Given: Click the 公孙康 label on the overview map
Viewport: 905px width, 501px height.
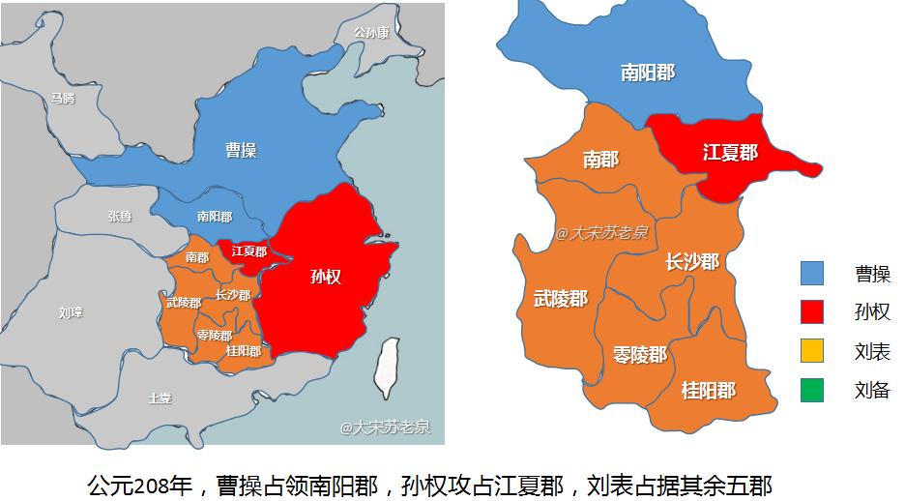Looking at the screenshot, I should (x=371, y=32).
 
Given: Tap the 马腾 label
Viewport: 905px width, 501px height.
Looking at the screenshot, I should (x=63, y=98).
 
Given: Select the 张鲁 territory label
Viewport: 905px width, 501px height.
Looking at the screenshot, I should (x=120, y=217).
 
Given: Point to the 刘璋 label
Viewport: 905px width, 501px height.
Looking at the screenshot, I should (x=71, y=312).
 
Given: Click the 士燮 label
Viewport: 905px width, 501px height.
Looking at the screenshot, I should (x=160, y=398).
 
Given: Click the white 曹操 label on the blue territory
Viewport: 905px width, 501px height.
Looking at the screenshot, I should (x=241, y=150).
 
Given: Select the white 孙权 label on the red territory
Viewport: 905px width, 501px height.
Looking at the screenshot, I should (x=326, y=277).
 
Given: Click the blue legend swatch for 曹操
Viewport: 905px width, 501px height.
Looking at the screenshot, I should (x=812, y=273).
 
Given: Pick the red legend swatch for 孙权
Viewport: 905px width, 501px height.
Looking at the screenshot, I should (x=812, y=311).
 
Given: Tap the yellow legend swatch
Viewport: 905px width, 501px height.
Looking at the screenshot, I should (x=812, y=351).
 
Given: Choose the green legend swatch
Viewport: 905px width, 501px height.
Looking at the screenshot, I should (x=812, y=390).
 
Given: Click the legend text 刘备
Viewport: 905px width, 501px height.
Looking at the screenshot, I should (x=872, y=391).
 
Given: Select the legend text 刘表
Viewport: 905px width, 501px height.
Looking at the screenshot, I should (x=872, y=351).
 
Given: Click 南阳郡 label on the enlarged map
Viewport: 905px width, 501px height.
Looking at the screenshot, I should (x=648, y=73).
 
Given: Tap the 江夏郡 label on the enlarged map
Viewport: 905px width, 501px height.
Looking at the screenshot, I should (x=730, y=153).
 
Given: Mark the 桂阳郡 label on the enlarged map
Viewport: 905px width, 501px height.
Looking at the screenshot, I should (x=709, y=390).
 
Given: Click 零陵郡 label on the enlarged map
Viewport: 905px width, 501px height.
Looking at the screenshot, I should (x=640, y=354).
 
